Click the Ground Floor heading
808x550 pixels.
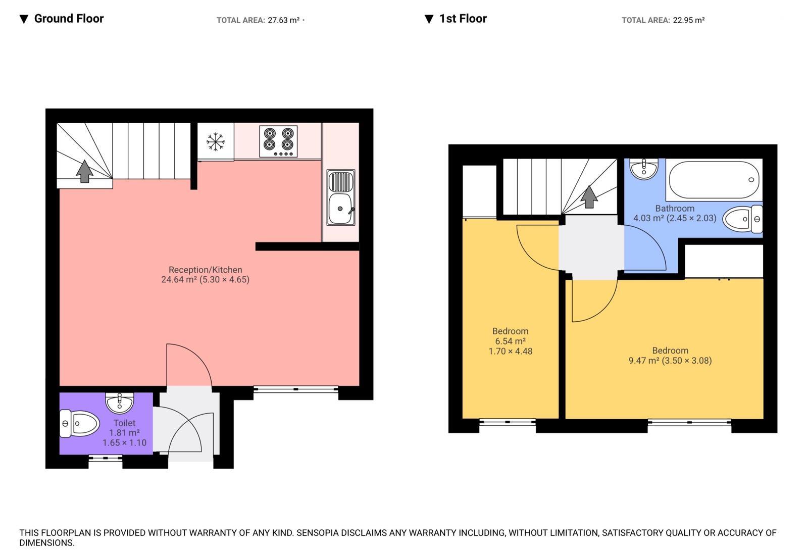(x=68, y=19)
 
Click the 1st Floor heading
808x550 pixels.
(x=463, y=19)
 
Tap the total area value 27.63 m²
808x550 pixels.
(x=283, y=20)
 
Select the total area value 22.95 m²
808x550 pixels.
(x=688, y=20)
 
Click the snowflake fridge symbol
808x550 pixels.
(x=216, y=142)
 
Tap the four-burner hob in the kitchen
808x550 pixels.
(x=278, y=141)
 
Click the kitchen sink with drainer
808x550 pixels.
(x=341, y=197)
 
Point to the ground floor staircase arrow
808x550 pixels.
(x=84, y=171)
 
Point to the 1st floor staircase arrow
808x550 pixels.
(x=588, y=196)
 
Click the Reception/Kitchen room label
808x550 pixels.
(x=205, y=270)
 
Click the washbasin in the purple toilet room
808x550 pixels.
(x=120, y=403)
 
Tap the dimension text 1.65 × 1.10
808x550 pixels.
(x=124, y=443)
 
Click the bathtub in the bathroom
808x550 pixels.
(x=714, y=180)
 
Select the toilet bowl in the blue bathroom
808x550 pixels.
(x=742, y=219)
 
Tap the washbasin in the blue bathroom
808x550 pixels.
(x=644, y=168)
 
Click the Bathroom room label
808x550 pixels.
(x=675, y=208)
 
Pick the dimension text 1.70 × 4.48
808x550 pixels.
(x=510, y=351)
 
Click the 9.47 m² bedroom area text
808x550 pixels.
(x=643, y=361)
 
